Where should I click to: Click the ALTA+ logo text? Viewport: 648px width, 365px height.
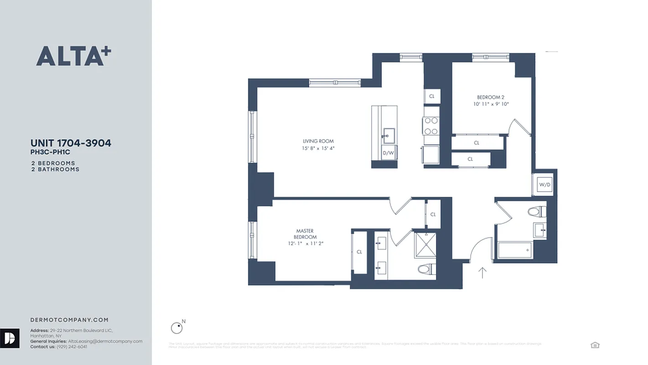click(x=73, y=56)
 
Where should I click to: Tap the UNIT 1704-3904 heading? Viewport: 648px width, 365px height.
click(x=71, y=143)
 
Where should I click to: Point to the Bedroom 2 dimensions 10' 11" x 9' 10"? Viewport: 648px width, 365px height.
click(x=491, y=104)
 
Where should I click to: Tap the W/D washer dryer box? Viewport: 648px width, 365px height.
click(x=544, y=185)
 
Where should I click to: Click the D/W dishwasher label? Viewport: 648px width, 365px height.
click(x=388, y=153)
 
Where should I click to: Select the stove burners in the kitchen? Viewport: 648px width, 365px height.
click(x=431, y=126)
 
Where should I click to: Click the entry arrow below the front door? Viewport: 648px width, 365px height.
click(x=482, y=272)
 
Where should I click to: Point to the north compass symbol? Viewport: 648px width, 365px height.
click(x=176, y=328)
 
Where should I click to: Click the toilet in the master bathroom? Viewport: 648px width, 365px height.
click(x=426, y=269)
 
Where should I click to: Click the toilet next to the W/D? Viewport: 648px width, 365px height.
click(x=537, y=212)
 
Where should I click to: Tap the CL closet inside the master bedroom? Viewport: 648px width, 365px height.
click(x=359, y=252)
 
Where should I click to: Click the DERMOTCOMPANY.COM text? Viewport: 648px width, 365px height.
click(x=69, y=320)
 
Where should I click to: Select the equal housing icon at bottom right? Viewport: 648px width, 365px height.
click(x=595, y=345)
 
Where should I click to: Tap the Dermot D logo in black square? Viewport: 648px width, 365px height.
click(x=10, y=338)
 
